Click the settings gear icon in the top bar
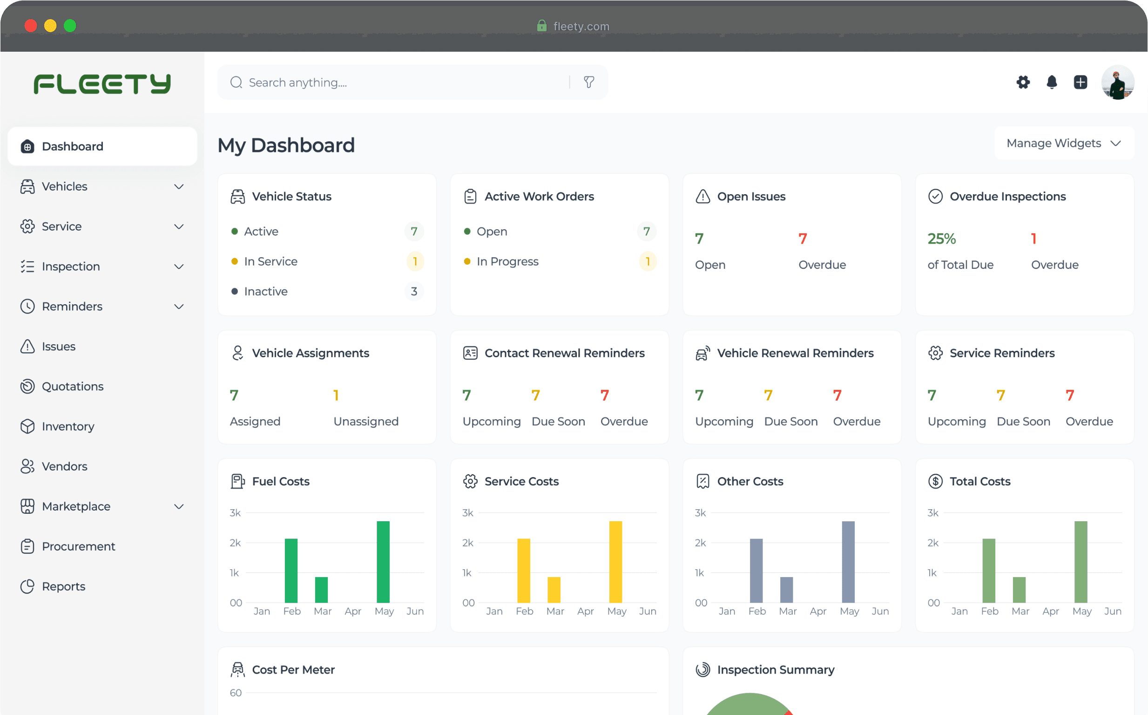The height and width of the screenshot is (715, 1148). pos(1023,82)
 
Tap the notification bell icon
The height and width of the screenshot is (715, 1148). pos(1052,82)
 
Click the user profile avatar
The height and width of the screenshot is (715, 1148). pos(1117,82)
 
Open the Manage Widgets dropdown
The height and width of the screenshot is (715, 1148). pos(1064,143)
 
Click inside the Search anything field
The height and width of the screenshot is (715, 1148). pos(402,83)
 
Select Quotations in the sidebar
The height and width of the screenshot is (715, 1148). pos(72,386)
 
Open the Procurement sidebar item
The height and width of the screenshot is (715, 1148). pos(79,546)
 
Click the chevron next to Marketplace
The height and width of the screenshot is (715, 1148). pos(179,506)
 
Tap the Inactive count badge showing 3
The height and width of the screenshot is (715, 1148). pos(414,291)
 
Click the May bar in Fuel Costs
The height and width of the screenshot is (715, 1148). pos(383,562)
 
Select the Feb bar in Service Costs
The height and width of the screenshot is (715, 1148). pos(524,570)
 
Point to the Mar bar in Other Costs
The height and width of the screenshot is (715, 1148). pos(786,590)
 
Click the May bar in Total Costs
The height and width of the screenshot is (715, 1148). pos(1081,562)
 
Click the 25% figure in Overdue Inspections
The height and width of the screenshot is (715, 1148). pos(941,239)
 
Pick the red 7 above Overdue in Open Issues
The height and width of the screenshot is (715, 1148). pos(803,239)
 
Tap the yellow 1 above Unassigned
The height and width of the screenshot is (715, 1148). pos(336,395)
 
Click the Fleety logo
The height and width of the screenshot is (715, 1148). pos(102,84)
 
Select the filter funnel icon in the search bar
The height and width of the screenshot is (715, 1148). pos(589,82)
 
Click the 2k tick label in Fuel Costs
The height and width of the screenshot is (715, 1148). pos(235,543)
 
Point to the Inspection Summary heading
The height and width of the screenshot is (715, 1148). pos(776,670)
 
